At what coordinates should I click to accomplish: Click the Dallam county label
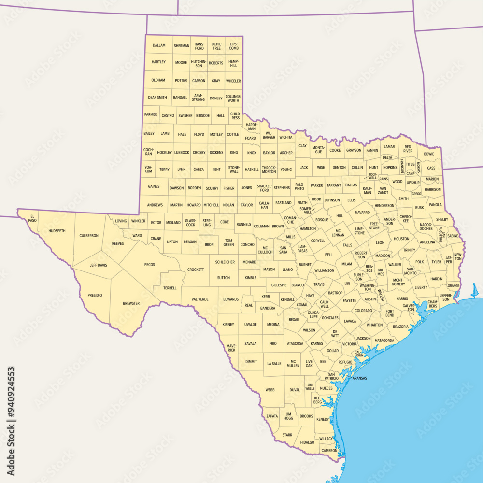pos(159,45)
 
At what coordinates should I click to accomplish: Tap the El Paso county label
pos(32,218)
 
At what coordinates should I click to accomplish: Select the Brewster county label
pos(131,303)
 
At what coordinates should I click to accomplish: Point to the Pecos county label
pos(149,264)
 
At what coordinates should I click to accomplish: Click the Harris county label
pos(402,298)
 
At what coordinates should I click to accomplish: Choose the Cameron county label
pos(329,450)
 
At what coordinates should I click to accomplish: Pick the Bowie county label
pos(429,154)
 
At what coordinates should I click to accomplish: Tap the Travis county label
pos(319,284)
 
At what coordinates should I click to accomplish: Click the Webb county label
pos(270,390)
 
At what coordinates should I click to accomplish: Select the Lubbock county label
pos(182,152)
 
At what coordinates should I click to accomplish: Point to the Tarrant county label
pos(333,185)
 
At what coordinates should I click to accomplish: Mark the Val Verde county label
pos(199,299)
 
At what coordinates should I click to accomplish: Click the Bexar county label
pos(294,319)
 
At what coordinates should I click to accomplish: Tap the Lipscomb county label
pos(234,46)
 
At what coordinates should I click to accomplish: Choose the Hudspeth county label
pos(57,231)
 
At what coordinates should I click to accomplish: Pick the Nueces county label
pos(326,388)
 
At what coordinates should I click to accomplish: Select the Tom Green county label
pos(228,242)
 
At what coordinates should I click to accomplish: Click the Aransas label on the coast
pos(359,378)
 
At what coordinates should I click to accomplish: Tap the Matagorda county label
pos(384,341)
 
